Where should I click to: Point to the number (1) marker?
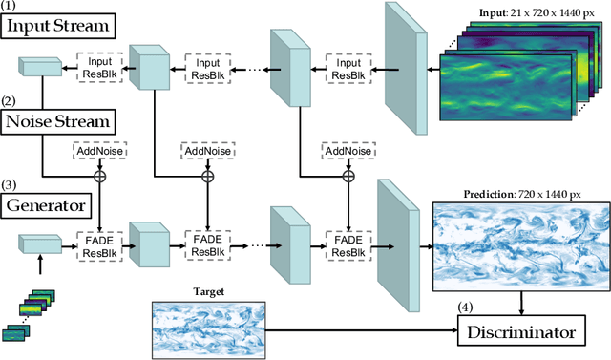[x=10, y=7]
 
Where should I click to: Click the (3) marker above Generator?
[x=10, y=185]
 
